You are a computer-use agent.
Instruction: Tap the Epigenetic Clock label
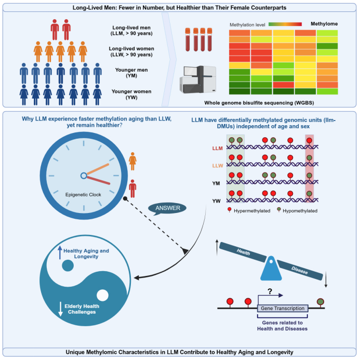(x=84, y=194)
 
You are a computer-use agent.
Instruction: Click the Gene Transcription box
(x=283, y=308)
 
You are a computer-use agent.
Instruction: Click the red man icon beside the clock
(x=133, y=188)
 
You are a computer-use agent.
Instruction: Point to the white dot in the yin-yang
(x=103, y=296)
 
